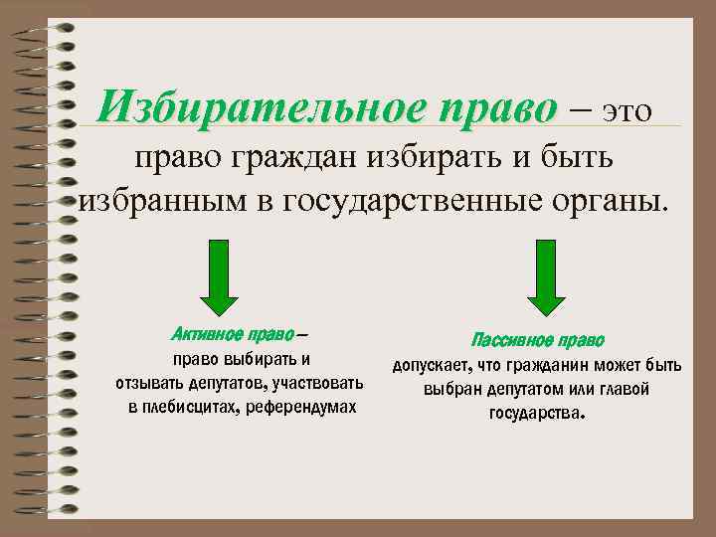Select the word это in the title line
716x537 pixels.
point(625,108)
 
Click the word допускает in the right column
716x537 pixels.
point(431,365)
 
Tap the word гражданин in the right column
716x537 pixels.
point(553,365)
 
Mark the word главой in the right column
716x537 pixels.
point(624,389)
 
